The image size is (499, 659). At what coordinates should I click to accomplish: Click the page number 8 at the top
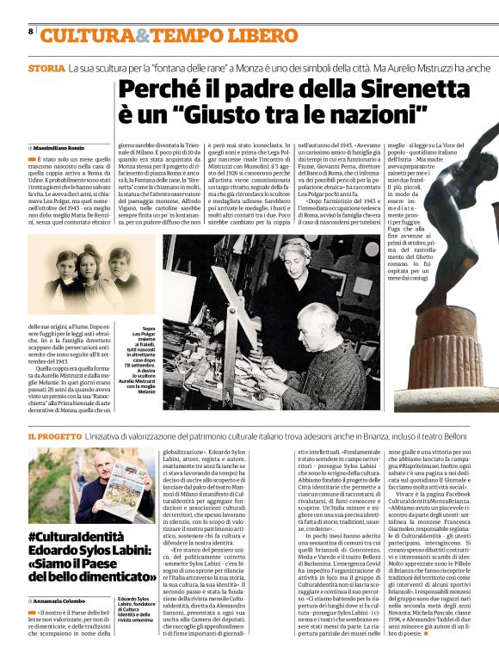(x=31, y=31)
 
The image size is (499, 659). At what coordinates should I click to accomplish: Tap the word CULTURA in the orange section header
(x=84, y=34)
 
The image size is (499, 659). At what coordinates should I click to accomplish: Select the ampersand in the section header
(x=139, y=34)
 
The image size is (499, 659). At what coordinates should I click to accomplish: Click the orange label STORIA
(x=45, y=67)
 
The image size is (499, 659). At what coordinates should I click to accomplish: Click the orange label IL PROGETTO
(x=55, y=438)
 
